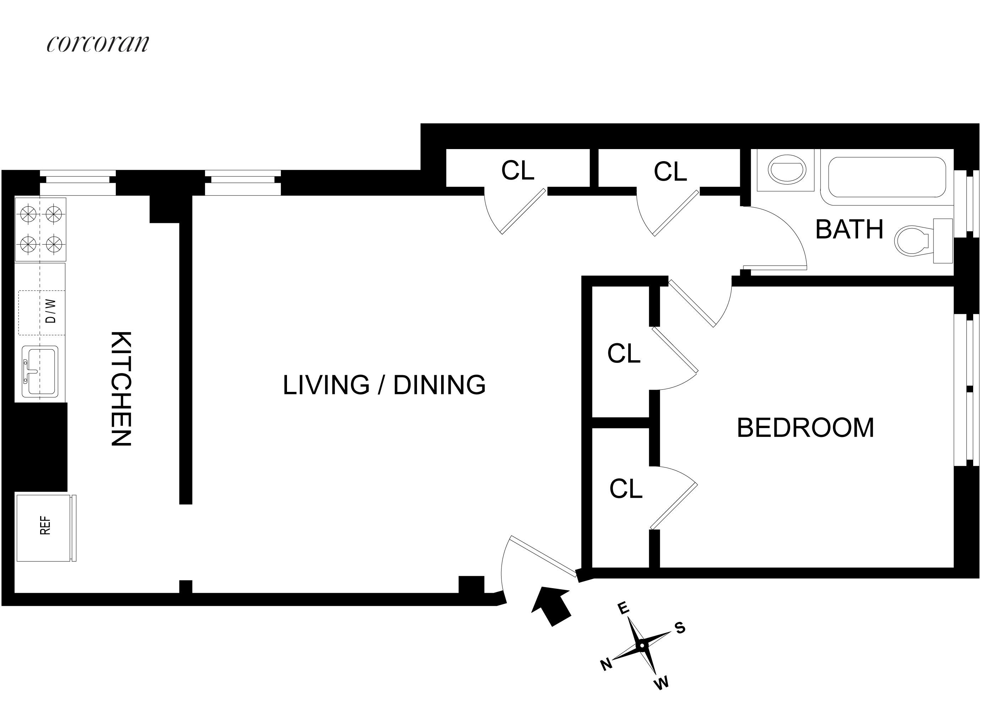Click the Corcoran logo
[x=98, y=43]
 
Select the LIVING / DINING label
[x=384, y=385]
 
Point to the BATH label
[x=849, y=229]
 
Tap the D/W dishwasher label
[x=50, y=311]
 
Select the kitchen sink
[x=40, y=371]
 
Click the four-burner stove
[x=40, y=230]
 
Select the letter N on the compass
[x=606, y=664]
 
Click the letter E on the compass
[x=623, y=608]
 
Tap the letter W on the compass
[x=661, y=683]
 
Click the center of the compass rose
[x=642, y=645]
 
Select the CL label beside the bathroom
[x=670, y=172]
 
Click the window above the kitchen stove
[x=78, y=182]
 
